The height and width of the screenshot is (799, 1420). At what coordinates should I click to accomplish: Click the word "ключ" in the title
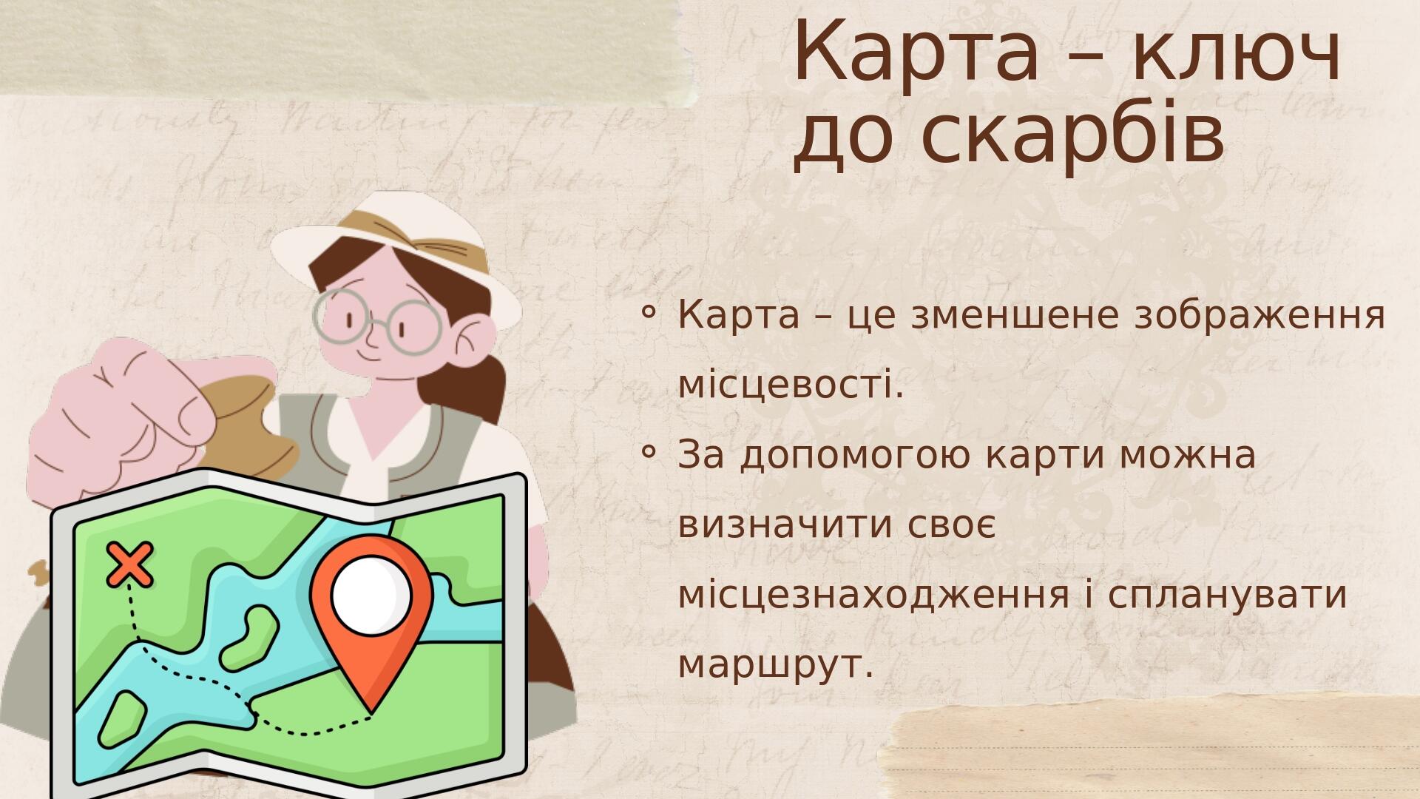pos(1236,53)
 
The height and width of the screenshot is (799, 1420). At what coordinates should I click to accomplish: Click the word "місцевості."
pos(791,385)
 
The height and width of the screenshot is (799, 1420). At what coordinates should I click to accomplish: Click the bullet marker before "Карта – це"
pos(648,313)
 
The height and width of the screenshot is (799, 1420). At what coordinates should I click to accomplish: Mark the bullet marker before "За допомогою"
pos(648,451)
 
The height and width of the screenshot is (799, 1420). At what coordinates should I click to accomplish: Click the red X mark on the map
pos(130,564)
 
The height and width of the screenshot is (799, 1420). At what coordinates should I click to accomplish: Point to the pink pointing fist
pos(122,418)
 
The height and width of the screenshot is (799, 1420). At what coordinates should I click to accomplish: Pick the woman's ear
pos(473,337)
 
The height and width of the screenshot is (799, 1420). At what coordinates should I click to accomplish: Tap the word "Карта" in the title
pos(916,53)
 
